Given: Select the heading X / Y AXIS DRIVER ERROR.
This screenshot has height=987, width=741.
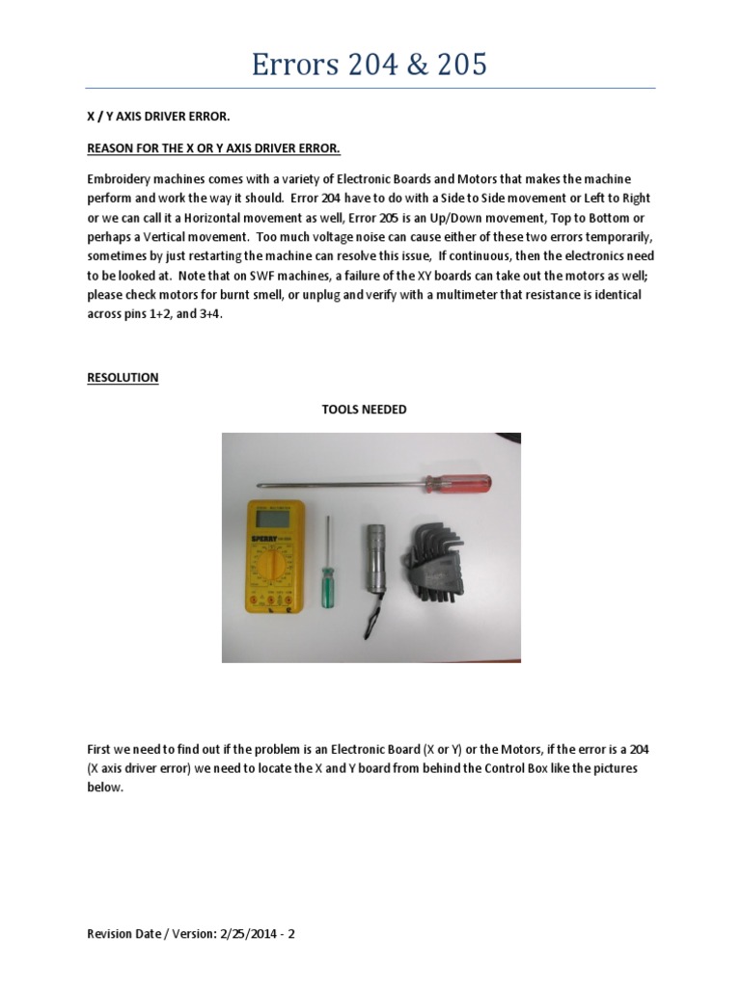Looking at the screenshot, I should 159,117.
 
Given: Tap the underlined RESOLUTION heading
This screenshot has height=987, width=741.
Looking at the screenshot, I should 123,378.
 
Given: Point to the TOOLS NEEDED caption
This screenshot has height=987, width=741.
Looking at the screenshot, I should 364,410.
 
